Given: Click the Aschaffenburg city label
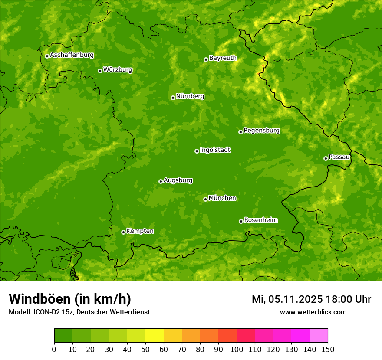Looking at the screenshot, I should tap(72, 55).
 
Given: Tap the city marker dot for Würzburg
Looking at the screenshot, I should tap(100, 71).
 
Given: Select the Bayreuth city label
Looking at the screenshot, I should tap(223, 58).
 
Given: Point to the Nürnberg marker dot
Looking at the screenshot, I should tap(173, 98).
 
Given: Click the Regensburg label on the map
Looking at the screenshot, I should tap(261, 131).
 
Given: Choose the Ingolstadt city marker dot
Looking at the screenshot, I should tap(197, 151).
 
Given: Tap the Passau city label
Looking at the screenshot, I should tap(339, 157).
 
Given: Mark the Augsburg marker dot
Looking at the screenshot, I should tap(161, 181).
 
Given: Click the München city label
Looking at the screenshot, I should tap(222, 198).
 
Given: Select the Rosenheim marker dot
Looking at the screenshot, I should tap(241, 221).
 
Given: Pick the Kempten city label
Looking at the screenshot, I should tap(140, 231).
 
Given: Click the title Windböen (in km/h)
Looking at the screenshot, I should tap(70, 299).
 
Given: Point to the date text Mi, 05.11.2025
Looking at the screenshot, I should tap(286, 299).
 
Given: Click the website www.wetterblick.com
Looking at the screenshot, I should tap(313, 312).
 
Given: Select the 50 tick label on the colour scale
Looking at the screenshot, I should tap(145, 350).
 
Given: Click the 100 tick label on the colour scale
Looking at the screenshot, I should tap(237, 350).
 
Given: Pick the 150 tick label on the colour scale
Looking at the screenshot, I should tap(328, 350).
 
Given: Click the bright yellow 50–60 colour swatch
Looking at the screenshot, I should tap(155, 336).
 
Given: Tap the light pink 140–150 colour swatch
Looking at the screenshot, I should tap(319, 336).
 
